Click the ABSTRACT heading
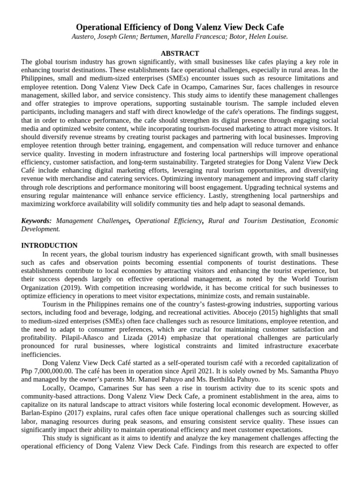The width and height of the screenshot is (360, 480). [x=180, y=53]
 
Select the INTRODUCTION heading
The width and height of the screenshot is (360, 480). [x=50, y=245]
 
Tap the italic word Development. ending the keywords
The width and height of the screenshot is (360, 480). [x=41, y=229]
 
